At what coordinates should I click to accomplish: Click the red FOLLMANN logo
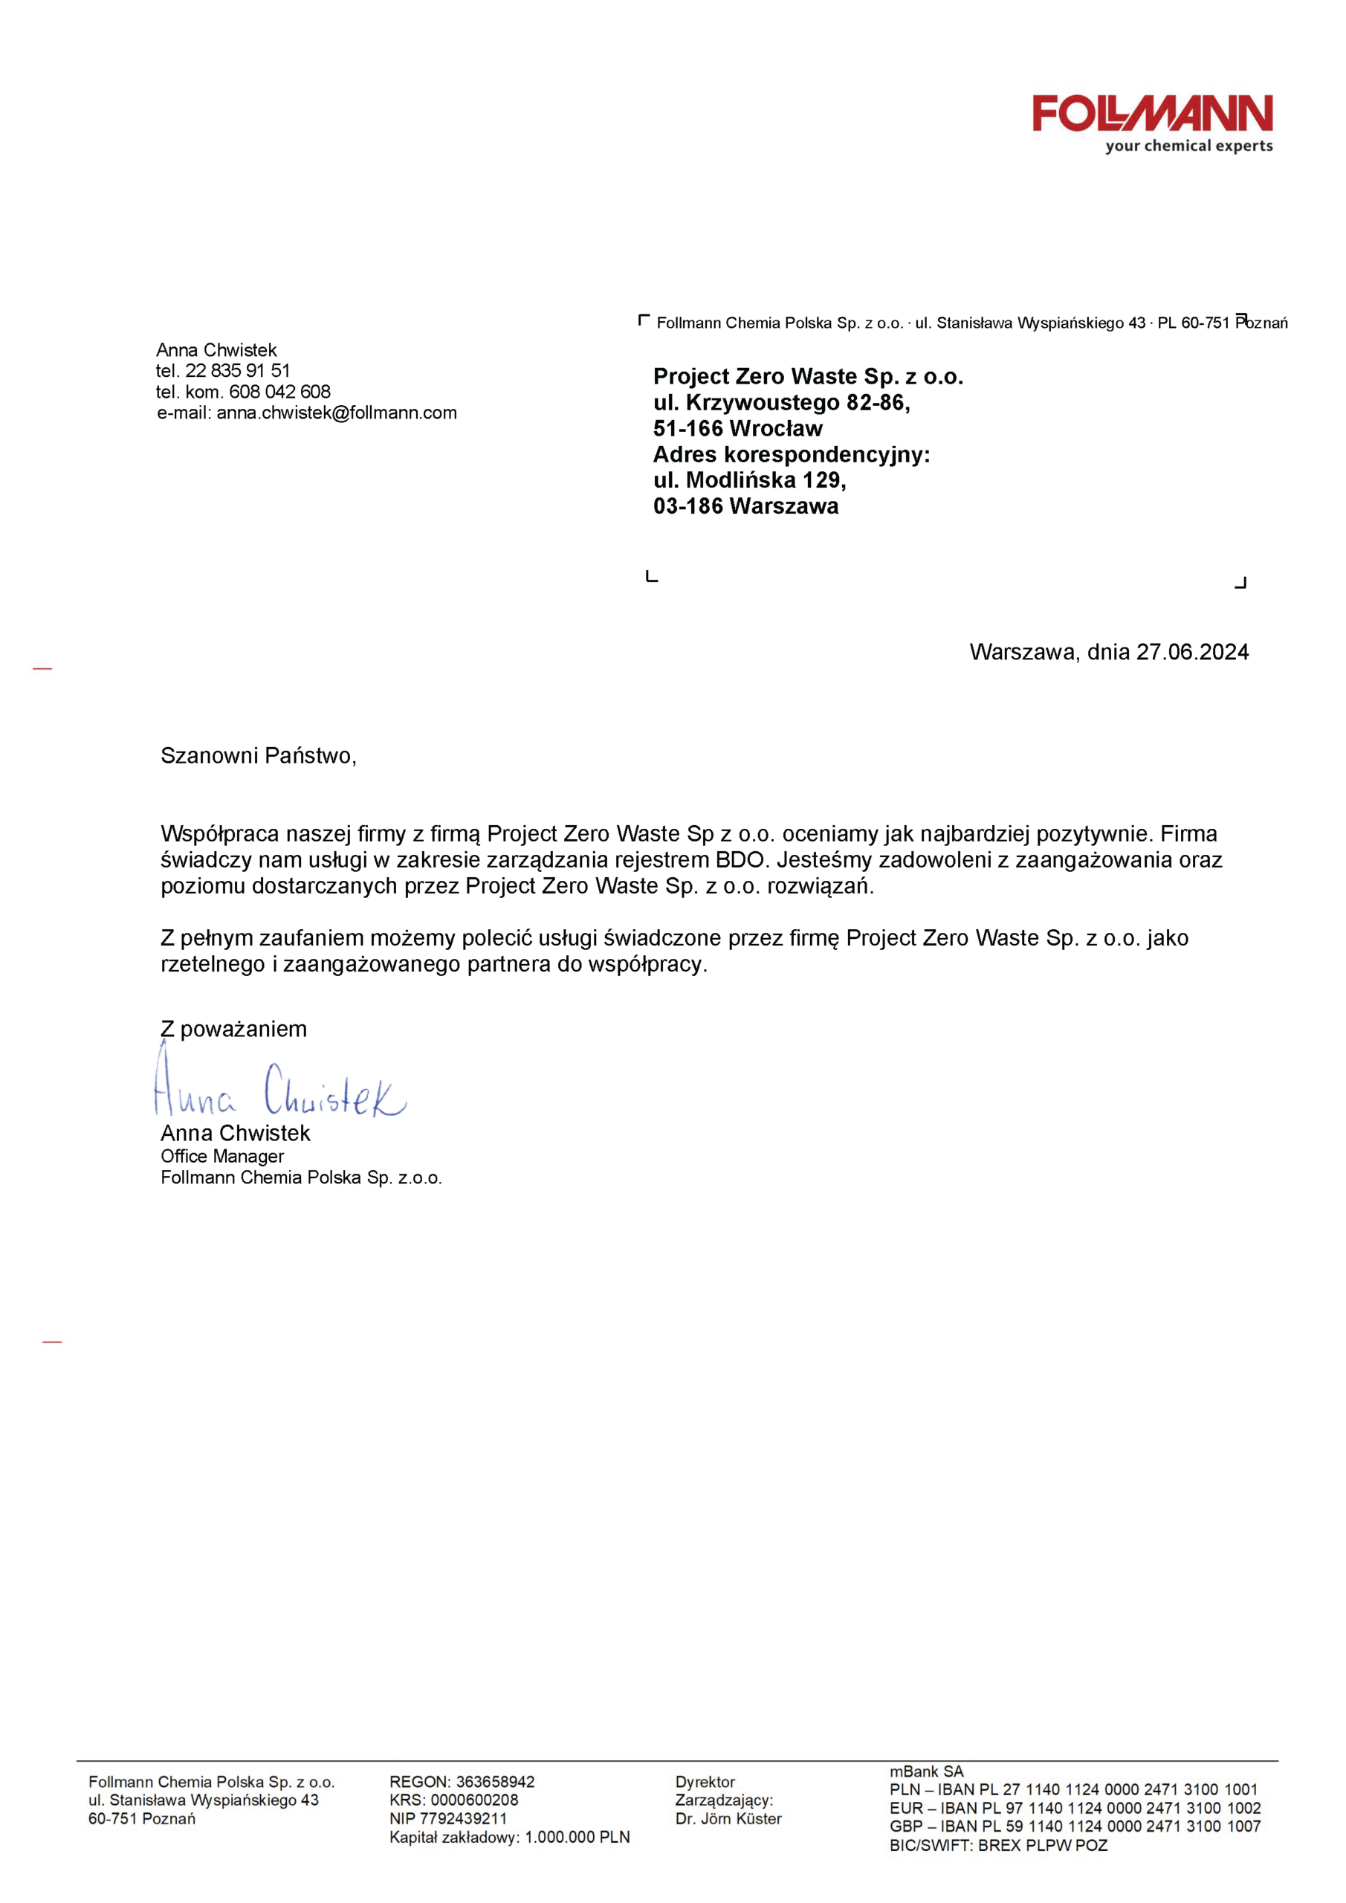pyautogui.click(x=1152, y=114)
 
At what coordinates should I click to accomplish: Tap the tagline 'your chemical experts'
pyautogui.click(x=1188, y=146)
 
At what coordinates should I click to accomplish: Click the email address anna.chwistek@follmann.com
pyautogui.click(x=337, y=413)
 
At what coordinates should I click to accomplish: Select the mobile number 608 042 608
pyautogui.click(x=279, y=391)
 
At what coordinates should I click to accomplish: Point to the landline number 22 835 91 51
pyautogui.click(x=237, y=370)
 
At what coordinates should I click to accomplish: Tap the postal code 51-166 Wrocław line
pyautogui.click(x=737, y=428)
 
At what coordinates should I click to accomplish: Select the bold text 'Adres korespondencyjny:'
pyautogui.click(x=792, y=454)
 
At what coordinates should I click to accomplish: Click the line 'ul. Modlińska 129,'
pyautogui.click(x=749, y=480)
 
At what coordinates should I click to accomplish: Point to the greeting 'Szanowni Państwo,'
pyautogui.click(x=259, y=756)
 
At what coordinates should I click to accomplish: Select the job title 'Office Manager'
pyautogui.click(x=222, y=1156)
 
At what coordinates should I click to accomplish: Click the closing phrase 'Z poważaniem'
pyautogui.click(x=233, y=1030)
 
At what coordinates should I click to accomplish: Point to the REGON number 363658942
pyautogui.click(x=496, y=1782)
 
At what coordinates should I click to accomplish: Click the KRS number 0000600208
pyautogui.click(x=474, y=1800)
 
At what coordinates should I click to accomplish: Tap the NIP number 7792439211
pyautogui.click(x=463, y=1818)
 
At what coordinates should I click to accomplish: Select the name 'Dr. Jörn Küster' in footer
pyautogui.click(x=728, y=1818)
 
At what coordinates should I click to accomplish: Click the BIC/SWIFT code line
pyautogui.click(x=999, y=1846)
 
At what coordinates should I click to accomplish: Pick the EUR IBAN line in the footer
pyautogui.click(x=1075, y=1809)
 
